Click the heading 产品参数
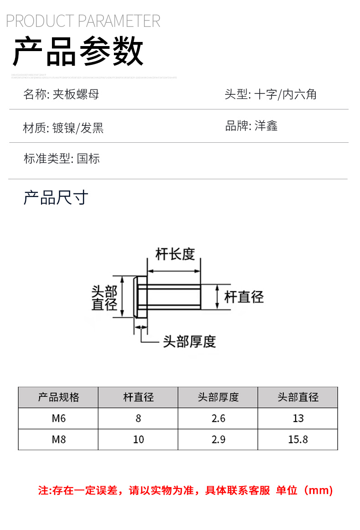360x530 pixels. (x=78, y=52)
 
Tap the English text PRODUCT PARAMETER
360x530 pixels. (x=83, y=21)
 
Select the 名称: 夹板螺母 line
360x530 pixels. (x=61, y=94)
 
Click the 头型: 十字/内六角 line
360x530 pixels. (x=270, y=94)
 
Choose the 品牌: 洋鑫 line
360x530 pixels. (x=251, y=126)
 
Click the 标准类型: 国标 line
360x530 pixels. (x=62, y=159)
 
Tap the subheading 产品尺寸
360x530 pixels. (x=56, y=198)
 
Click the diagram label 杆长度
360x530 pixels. (x=175, y=254)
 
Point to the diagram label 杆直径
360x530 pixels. (x=244, y=297)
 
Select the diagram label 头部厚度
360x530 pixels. (x=189, y=341)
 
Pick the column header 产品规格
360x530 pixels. (x=58, y=397)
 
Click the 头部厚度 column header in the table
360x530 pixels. (x=218, y=397)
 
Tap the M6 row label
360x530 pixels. (x=58, y=418)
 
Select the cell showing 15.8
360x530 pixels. (x=298, y=439)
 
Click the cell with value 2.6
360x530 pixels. (x=218, y=418)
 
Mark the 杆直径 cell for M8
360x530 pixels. (x=138, y=439)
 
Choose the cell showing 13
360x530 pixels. (x=298, y=418)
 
